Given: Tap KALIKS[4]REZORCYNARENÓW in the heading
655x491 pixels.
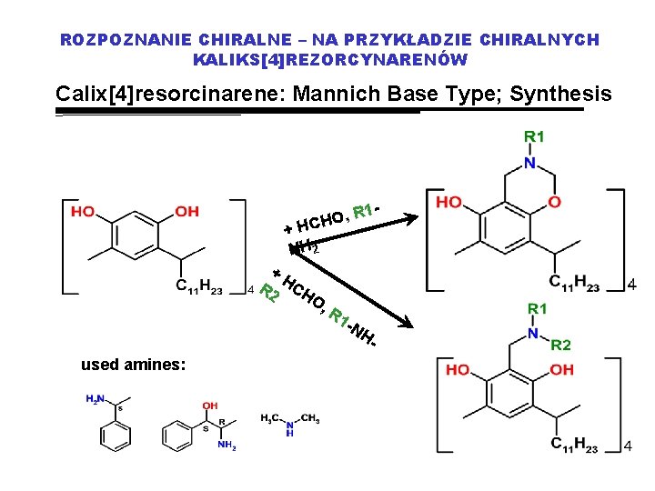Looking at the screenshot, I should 330,60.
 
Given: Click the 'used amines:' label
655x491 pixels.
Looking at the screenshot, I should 133,364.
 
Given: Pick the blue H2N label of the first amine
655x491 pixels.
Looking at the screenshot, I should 94,398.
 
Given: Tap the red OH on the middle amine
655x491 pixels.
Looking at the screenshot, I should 210,406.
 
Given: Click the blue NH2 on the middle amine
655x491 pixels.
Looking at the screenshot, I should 227,446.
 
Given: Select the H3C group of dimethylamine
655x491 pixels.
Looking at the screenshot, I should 270,418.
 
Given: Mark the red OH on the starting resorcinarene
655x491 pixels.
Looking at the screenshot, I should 186,211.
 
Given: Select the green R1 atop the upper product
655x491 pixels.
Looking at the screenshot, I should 533,136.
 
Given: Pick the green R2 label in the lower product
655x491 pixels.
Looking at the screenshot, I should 561,345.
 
